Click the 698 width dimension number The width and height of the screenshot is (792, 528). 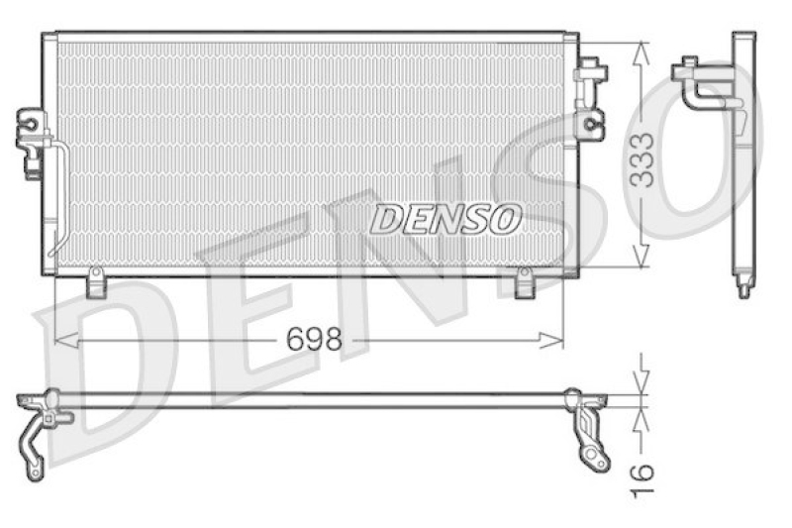314,339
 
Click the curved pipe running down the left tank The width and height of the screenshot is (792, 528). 59,198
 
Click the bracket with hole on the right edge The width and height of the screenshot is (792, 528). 591,124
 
